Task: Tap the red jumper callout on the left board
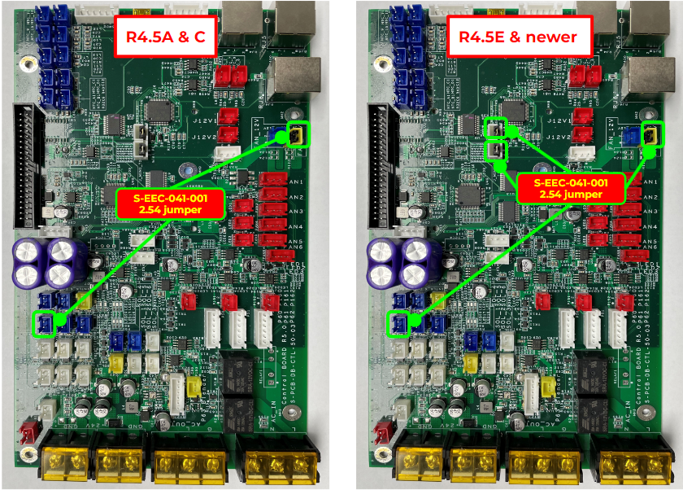click(x=170, y=203)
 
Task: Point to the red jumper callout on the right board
click(x=571, y=189)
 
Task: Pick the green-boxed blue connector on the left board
click(x=44, y=324)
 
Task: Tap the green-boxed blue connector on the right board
click(x=398, y=324)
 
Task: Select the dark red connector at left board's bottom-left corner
click(x=25, y=431)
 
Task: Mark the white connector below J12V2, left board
click(x=231, y=152)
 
